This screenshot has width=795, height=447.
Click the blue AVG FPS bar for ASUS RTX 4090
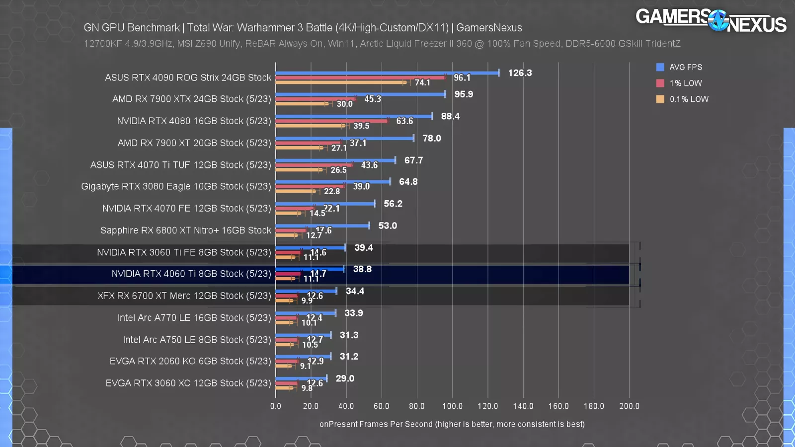(388, 73)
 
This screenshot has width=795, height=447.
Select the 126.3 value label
(520, 73)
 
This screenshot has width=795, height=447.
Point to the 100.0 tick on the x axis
(452, 406)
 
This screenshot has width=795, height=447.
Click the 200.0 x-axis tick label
(629, 406)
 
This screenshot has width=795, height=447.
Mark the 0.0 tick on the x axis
(276, 406)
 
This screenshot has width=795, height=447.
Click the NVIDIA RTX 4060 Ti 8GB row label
(191, 274)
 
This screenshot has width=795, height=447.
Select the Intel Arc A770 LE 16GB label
(194, 318)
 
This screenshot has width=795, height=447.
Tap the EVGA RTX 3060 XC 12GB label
(188, 383)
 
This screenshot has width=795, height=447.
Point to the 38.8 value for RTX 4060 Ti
(362, 269)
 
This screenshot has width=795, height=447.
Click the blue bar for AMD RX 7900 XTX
(360, 94)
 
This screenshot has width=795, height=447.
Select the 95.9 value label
(464, 94)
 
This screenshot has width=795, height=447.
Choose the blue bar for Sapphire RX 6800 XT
(322, 226)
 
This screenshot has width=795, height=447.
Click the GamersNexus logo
(711, 20)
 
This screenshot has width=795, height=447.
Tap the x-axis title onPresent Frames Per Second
(452, 424)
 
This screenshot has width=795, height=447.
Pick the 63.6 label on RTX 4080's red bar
(404, 121)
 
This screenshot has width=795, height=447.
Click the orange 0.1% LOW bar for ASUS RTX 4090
(341, 82)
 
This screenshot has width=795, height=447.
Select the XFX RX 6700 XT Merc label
(184, 296)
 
